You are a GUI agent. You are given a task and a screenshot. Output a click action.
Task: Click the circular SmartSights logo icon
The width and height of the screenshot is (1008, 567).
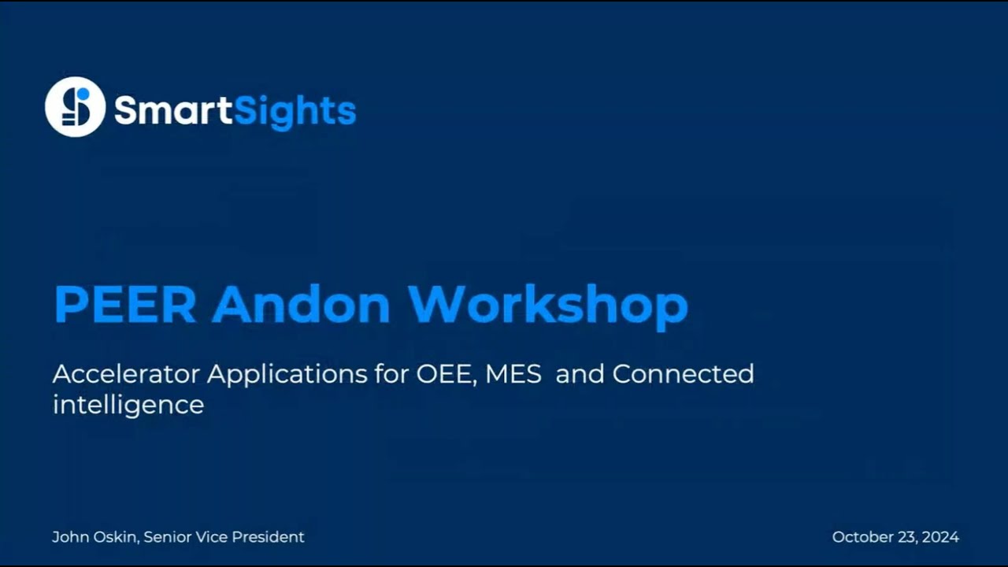coord(75,107)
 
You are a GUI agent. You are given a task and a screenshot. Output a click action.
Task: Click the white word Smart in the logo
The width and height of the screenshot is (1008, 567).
coord(174,109)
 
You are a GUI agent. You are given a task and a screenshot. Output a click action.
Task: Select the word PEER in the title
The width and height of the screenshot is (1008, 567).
coord(124,304)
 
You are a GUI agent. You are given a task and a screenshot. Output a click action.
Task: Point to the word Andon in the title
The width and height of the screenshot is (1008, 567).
coord(301,304)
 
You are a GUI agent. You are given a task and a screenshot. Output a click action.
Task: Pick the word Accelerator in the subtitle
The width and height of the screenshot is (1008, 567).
coord(126,373)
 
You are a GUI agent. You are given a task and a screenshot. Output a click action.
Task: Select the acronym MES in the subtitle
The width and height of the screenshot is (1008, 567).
coord(513,373)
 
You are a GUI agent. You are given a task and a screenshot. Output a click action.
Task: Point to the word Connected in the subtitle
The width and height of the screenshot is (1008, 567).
coord(683,373)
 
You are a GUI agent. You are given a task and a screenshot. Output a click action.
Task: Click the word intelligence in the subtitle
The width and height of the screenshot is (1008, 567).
coord(128,406)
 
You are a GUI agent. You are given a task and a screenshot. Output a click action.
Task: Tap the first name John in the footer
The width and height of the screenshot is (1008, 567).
coord(69,537)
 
